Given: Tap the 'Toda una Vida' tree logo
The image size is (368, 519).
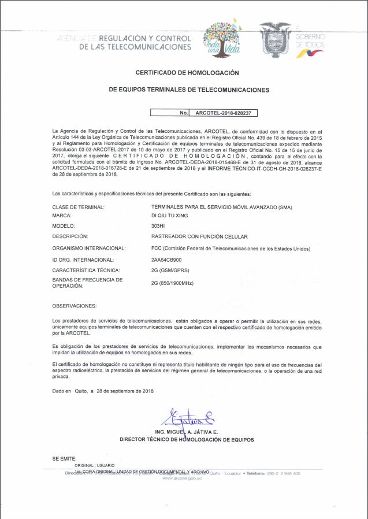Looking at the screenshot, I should coord(222,39).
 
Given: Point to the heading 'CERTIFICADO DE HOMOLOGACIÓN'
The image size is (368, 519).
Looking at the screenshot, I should coord(187,73).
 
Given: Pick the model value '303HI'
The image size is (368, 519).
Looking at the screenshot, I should coord(158,226).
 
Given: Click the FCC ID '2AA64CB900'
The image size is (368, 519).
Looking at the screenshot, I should coord(166,259).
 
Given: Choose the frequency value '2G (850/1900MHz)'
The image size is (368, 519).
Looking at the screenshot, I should coord(172,283).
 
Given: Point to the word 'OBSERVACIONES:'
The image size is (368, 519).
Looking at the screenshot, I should coord(75,305).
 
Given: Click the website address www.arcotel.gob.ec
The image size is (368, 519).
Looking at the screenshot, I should coord(182,479).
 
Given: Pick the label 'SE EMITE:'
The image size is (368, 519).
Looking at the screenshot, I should coord(64,458).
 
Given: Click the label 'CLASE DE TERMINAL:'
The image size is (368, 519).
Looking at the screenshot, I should coord(78,206).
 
